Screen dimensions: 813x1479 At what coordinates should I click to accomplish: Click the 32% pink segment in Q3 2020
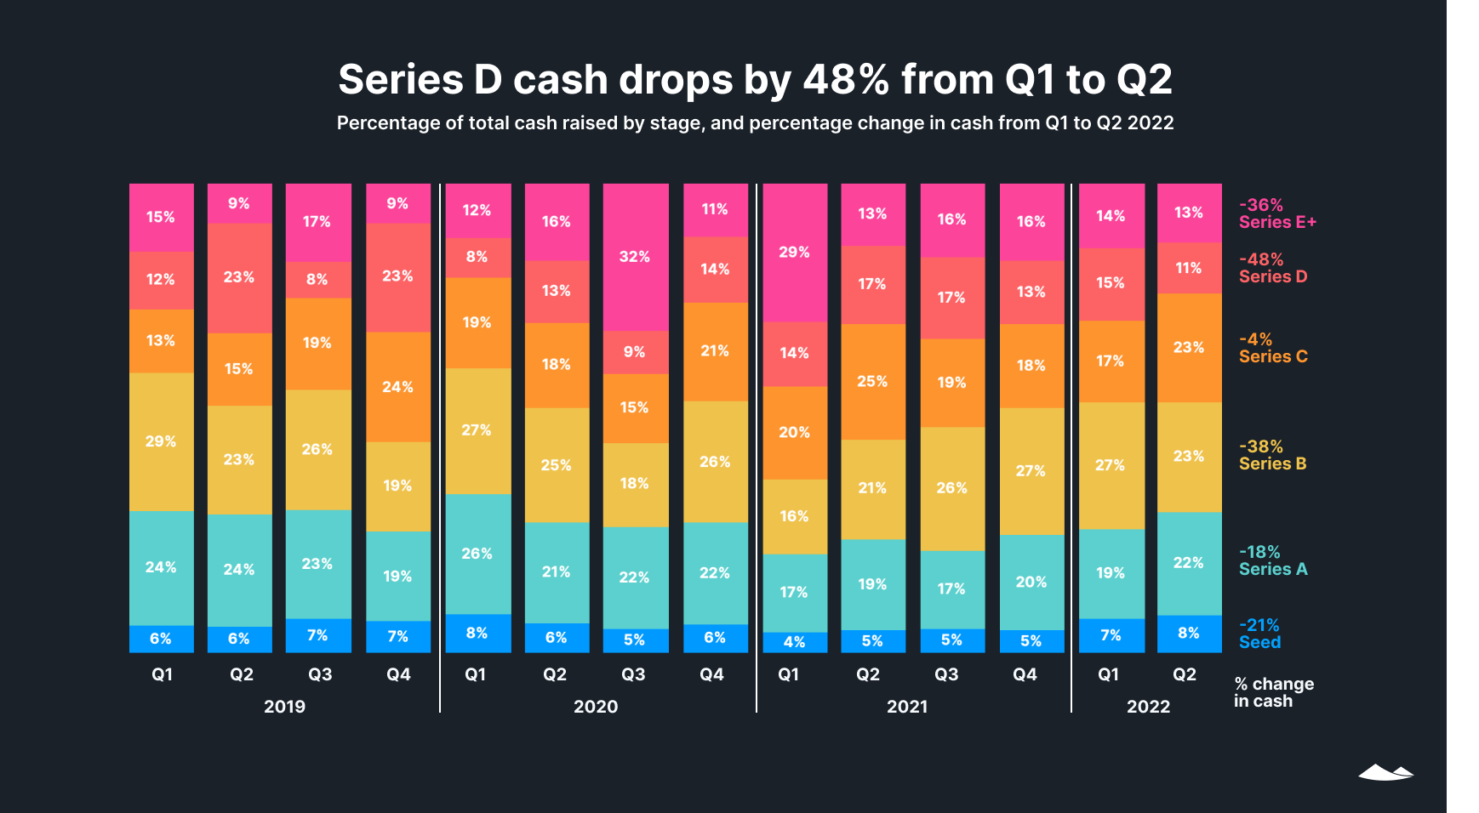point(635,257)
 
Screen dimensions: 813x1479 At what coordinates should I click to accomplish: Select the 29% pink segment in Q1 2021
point(794,253)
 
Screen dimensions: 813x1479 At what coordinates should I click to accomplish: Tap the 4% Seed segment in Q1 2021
point(794,642)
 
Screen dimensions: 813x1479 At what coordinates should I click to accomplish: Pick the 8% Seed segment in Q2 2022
point(1189,634)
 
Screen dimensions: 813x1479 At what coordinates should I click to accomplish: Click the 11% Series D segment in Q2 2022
point(1189,268)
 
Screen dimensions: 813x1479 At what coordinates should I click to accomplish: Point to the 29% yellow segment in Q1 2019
point(161,441)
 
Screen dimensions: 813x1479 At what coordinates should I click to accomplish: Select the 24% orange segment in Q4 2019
point(397,387)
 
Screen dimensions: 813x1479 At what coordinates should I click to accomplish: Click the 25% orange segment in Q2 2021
point(872,381)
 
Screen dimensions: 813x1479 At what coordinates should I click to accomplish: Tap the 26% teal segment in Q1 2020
point(477,554)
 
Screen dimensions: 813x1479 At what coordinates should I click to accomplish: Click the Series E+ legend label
point(1277,223)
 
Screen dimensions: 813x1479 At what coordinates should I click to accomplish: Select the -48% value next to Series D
point(1261,259)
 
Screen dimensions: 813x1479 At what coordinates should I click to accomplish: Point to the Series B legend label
point(1272,464)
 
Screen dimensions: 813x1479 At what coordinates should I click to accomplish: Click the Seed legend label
point(1259,643)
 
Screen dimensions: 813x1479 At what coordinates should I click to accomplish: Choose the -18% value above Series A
point(1259,552)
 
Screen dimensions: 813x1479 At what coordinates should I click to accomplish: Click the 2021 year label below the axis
point(907,707)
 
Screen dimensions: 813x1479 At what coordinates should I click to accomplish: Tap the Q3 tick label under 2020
point(633,674)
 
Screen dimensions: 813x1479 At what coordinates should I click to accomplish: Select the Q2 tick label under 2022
point(1185,674)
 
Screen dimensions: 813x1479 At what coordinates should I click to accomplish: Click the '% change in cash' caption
point(1273,692)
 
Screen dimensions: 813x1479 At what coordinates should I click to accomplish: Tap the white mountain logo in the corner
point(1385,772)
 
